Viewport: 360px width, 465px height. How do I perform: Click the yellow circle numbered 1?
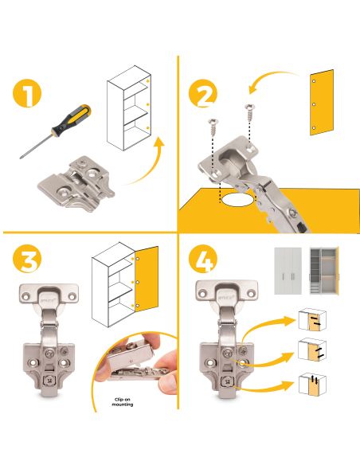27,93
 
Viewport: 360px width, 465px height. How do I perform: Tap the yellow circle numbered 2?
203,93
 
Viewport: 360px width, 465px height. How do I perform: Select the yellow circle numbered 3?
27,258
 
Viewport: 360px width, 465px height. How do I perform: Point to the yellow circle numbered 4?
203,259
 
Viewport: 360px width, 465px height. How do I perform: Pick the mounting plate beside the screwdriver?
76,184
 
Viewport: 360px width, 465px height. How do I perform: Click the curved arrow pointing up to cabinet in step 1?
146,162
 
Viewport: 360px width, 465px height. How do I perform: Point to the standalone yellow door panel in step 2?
322,102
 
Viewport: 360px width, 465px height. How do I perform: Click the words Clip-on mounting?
123,402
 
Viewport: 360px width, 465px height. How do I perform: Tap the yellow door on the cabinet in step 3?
147,279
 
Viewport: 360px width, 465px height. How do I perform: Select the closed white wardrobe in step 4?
288,271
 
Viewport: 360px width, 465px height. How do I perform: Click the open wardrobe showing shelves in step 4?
324,271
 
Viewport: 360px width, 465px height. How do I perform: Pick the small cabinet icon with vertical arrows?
312,384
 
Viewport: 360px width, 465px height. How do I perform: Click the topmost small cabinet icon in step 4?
312,320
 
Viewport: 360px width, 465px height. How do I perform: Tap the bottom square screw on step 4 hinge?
228,381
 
